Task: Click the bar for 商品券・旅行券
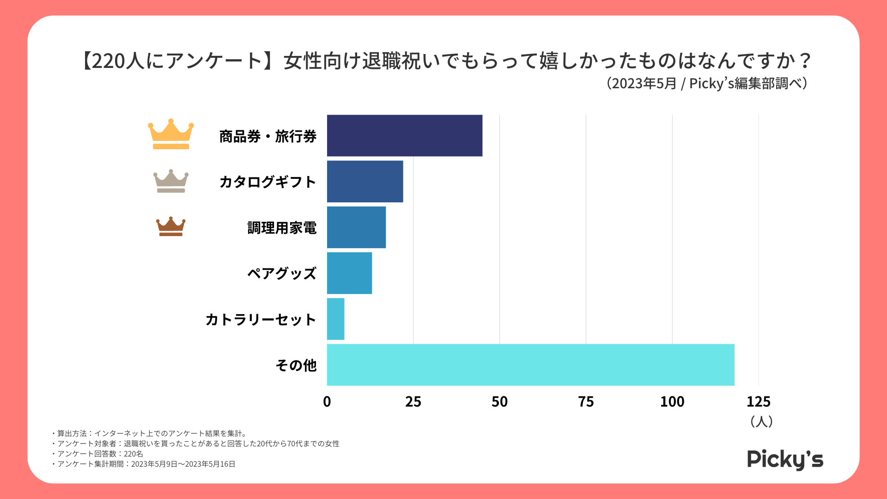click(x=404, y=135)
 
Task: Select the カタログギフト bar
click(x=365, y=181)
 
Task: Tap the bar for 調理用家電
click(x=356, y=227)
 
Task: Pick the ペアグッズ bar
click(x=349, y=273)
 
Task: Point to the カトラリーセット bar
click(x=335, y=319)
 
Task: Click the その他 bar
click(x=530, y=365)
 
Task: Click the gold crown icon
click(x=171, y=134)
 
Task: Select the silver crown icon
click(x=171, y=181)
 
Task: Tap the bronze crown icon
click(x=171, y=226)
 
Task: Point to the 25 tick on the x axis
click(x=413, y=402)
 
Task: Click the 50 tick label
click(x=499, y=402)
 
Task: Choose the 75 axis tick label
click(x=586, y=402)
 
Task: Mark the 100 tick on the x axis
click(x=672, y=402)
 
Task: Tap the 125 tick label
click(x=759, y=402)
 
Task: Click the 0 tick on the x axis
click(x=327, y=402)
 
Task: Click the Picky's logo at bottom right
click(x=785, y=459)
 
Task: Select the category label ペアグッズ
click(x=282, y=274)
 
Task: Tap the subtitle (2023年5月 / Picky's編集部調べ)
click(x=706, y=83)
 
